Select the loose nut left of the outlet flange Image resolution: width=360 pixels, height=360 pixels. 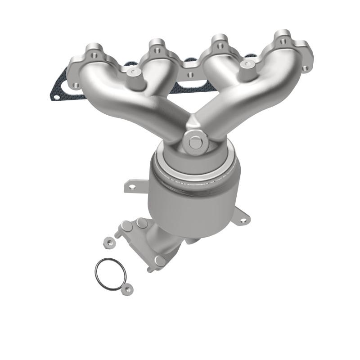(x=109, y=242)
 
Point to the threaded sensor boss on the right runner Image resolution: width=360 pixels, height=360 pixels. (x=245, y=64)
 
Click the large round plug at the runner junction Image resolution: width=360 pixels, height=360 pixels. (x=195, y=142)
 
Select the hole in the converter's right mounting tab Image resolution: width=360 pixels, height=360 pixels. (x=243, y=220)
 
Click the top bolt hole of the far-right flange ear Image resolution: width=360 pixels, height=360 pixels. (x=283, y=41)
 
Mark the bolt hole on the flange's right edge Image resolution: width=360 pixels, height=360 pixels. (x=306, y=68)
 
